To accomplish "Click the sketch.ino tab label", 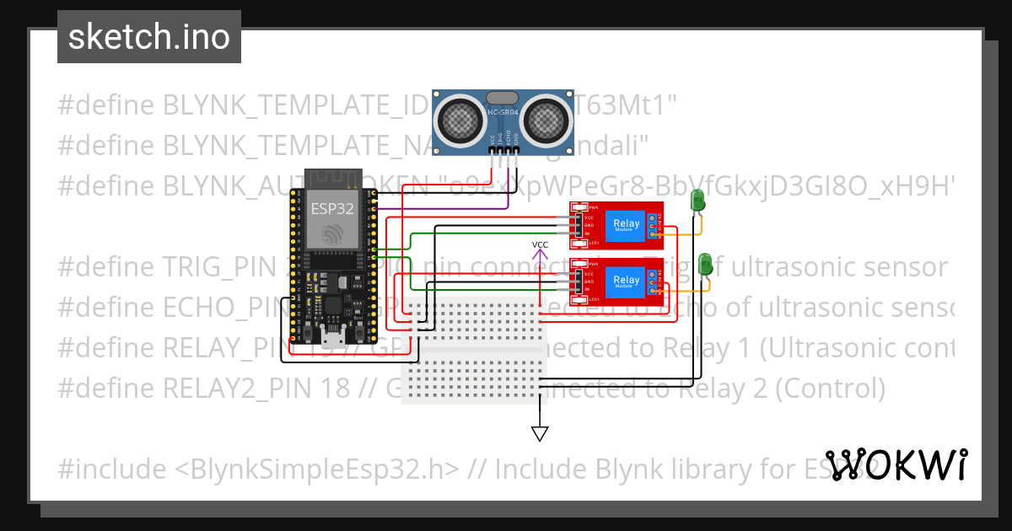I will tap(149, 37).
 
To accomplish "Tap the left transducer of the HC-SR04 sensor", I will tap(460, 119).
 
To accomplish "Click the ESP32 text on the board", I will tap(331, 208).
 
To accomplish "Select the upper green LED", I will tap(697, 201).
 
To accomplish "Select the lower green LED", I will tap(705, 263).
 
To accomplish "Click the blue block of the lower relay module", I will tap(627, 281).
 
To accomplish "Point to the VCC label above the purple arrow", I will tap(540, 245).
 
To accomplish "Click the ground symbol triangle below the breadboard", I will tap(540, 433).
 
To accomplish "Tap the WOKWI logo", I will tap(896, 464).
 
